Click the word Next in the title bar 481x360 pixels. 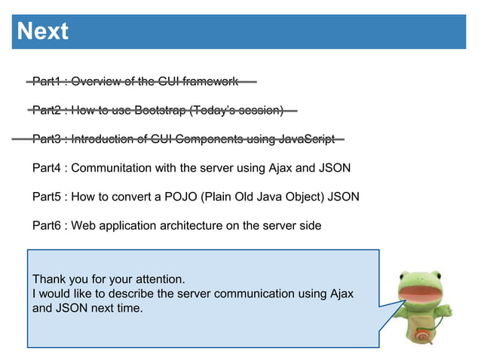(43, 32)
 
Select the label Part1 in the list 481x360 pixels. (47, 81)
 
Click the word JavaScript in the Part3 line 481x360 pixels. (306, 139)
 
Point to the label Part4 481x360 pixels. (47, 168)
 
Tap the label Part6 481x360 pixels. (47, 225)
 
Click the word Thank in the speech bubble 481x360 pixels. (49, 279)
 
